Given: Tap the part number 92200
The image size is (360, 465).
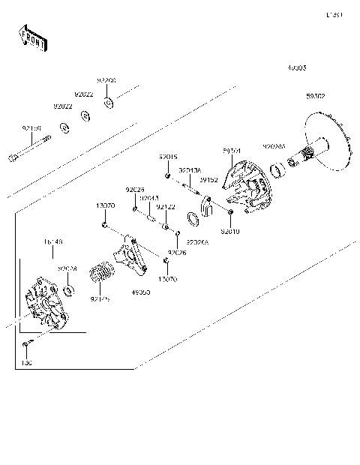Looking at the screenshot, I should pos(106,80).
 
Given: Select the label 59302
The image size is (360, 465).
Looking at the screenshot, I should pos(316,97).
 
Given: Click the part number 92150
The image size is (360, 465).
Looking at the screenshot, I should pos(32,128).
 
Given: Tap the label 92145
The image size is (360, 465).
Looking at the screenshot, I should pos(100,298).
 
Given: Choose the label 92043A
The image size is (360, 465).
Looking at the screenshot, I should pos(188,171).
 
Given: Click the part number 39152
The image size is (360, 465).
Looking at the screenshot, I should pos(208,180).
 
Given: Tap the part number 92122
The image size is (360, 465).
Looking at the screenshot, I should pos(166,207).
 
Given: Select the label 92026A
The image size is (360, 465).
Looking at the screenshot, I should pos(197,243).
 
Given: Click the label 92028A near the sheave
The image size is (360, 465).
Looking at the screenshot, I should pos(274,147).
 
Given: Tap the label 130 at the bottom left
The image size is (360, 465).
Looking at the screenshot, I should pos(26,364).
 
